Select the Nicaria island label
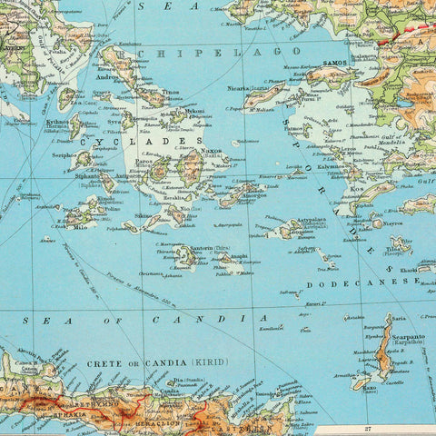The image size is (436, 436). (238, 89)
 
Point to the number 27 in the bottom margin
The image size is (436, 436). (369, 429)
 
